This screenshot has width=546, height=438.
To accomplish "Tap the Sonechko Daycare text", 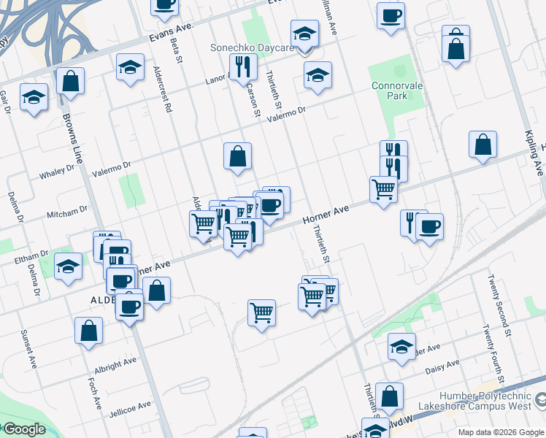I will pos(252,48).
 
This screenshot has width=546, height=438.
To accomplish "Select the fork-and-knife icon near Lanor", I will pos(243,67).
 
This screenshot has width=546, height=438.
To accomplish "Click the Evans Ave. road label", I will pos(172,31).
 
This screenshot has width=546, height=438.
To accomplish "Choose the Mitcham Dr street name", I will pos(68,211).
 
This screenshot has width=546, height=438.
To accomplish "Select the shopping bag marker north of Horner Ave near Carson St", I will pos(237,156).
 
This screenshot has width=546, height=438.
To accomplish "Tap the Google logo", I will pos(24,429).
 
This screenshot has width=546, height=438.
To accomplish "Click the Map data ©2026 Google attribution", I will pos(501,432).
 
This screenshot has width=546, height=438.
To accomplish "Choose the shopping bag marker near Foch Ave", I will pos(88,330).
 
